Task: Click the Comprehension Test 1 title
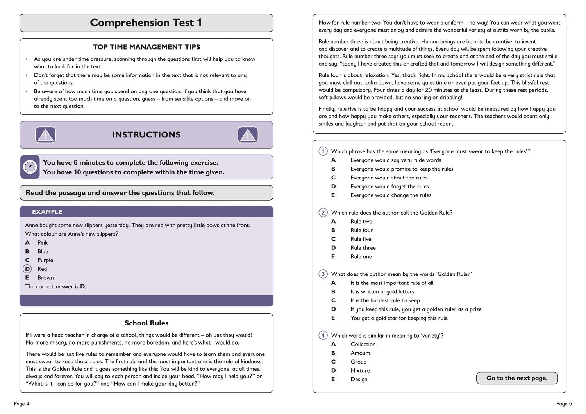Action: (x=146, y=23)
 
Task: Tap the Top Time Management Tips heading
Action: (x=146, y=47)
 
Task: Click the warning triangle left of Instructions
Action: (x=46, y=135)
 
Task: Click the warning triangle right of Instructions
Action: (x=248, y=135)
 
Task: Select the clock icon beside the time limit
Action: (x=30, y=167)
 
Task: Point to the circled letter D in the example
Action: (x=27, y=269)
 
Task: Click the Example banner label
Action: (x=47, y=212)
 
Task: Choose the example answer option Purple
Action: (x=45, y=260)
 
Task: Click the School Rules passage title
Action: (x=146, y=323)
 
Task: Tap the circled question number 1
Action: (x=323, y=151)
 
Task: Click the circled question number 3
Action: (x=323, y=274)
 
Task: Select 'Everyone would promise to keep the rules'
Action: (x=402, y=169)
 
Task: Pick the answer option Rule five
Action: (x=361, y=239)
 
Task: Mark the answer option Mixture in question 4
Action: (x=360, y=371)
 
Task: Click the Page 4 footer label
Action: (x=21, y=404)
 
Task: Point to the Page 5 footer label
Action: (x=564, y=404)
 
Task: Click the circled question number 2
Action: (x=323, y=213)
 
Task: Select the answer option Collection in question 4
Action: (x=363, y=344)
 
